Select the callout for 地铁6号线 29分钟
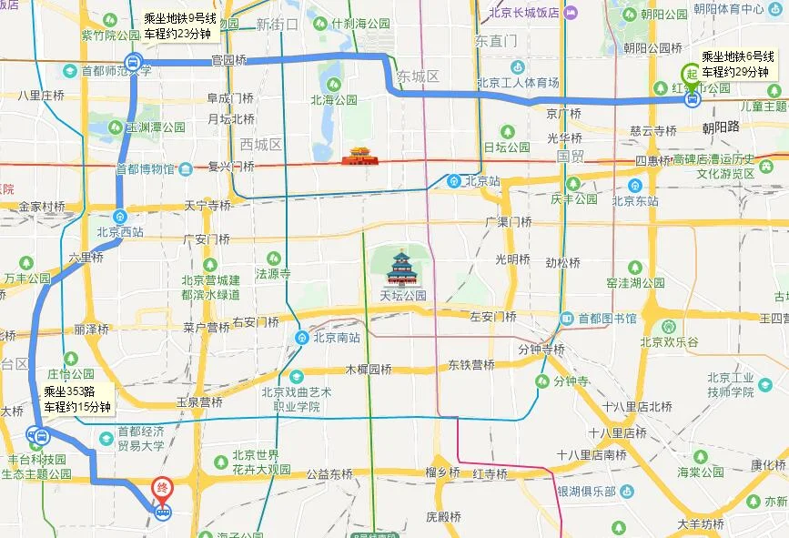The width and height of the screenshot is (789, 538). click(737, 64)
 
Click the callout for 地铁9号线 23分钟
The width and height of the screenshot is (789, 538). click(177, 25)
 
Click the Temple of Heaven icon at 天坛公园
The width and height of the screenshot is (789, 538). click(400, 269)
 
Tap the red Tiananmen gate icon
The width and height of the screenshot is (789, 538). click(358, 157)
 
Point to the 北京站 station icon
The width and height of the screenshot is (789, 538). click(454, 180)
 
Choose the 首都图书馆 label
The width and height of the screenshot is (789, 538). click(612, 318)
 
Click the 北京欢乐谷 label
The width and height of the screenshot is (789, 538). click(669, 342)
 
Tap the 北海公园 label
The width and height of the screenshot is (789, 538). click(334, 100)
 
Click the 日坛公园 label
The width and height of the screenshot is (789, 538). click(506, 147)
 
